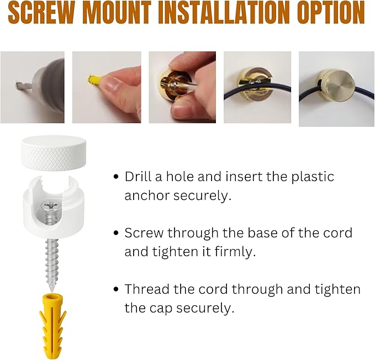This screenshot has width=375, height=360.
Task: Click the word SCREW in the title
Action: click(41, 13)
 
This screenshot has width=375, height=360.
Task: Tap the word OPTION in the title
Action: click(331, 13)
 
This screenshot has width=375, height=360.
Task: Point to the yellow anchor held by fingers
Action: click(93, 80)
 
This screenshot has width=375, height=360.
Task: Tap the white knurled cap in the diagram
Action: click(54, 152)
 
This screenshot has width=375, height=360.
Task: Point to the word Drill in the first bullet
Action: click(138, 177)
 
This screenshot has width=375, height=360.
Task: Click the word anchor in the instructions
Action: click(147, 195)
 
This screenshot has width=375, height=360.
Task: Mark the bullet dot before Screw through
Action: click(116, 233)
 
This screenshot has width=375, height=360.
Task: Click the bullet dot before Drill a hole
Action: click(116, 177)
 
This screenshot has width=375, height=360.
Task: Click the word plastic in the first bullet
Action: click(313, 177)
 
